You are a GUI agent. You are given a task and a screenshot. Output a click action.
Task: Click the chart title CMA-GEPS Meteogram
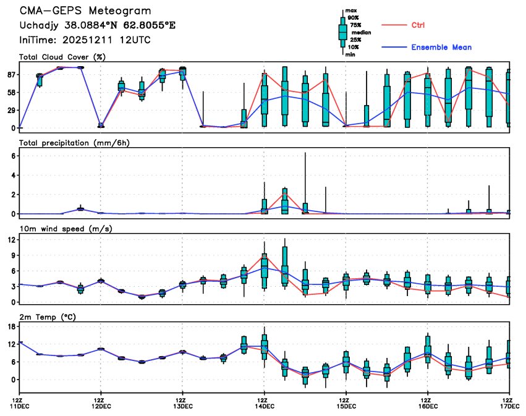[x=85, y=12]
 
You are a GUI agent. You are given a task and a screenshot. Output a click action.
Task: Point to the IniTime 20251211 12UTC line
[x=85, y=40]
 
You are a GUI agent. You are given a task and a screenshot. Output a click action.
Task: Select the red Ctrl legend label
[x=418, y=25]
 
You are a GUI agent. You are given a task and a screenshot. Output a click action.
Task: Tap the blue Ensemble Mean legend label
[x=441, y=47]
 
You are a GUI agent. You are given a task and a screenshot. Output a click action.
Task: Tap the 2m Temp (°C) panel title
[x=50, y=316]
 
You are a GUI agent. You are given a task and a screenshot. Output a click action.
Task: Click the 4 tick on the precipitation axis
[x=13, y=176]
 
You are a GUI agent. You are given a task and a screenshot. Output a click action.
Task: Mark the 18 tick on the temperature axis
[x=11, y=326]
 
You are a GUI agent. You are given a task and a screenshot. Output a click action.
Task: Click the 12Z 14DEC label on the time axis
[x=264, y=402]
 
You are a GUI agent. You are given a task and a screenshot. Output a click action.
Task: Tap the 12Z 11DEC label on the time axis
[x=20, y=402]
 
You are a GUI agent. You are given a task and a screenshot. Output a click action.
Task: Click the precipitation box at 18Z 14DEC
[x=284, y=203]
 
